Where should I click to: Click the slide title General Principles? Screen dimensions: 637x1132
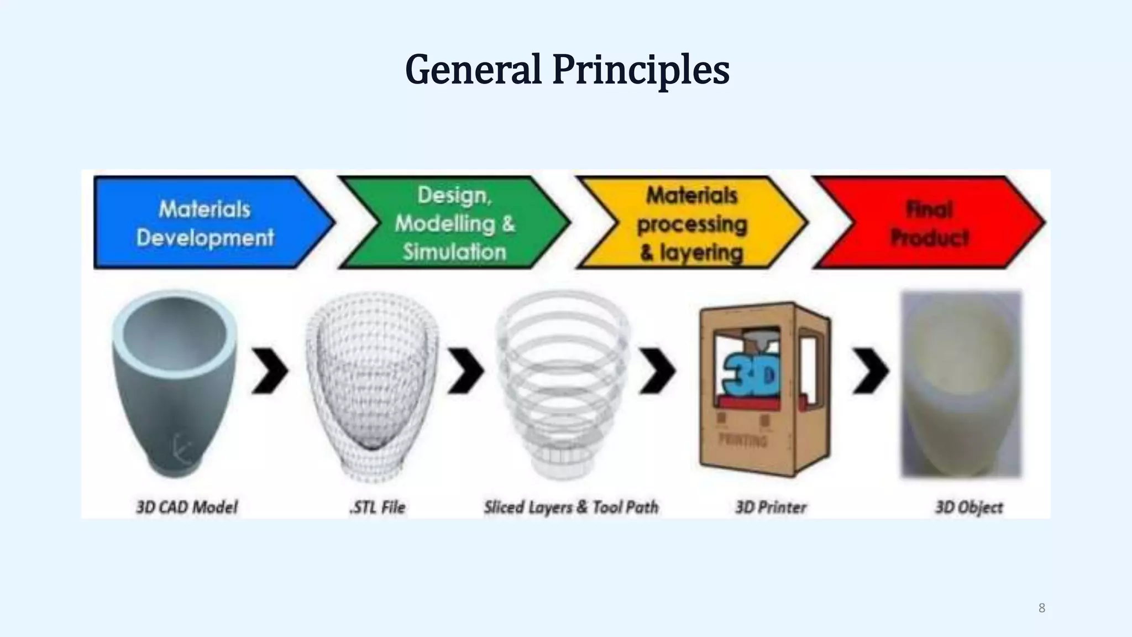click(x=567, y=70)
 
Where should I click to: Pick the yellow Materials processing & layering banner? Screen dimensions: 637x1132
click(x=691, y=223)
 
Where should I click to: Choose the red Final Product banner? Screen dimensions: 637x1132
click(x=929, y=223)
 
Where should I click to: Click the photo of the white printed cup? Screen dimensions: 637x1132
click(x=962, y=384)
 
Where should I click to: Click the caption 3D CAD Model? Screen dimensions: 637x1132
click(x=187, y=507)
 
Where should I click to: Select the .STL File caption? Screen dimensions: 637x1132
click(x=378, y=507)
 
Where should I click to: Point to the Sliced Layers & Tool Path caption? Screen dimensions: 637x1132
click(x=572, y=507)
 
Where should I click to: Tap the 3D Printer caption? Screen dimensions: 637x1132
click(x=771, y=507)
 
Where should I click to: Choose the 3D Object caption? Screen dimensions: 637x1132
click(x=969, y=507)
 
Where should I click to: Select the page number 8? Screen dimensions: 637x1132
click(x=1042, y=608)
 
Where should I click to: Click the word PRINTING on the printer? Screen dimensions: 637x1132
click(x=743, y=440)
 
